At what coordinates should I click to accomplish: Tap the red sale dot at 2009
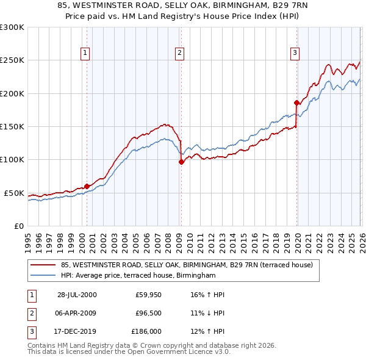coord(181,162)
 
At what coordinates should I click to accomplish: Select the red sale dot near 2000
coord(87,186)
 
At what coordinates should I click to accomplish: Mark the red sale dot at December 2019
coord(296,103)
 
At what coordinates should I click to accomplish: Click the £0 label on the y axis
coord(19,226)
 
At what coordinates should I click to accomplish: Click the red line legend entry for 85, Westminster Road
coord(187,265)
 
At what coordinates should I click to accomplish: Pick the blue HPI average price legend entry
coord(138,276)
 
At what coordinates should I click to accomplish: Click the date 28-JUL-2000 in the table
coord(77,294)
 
